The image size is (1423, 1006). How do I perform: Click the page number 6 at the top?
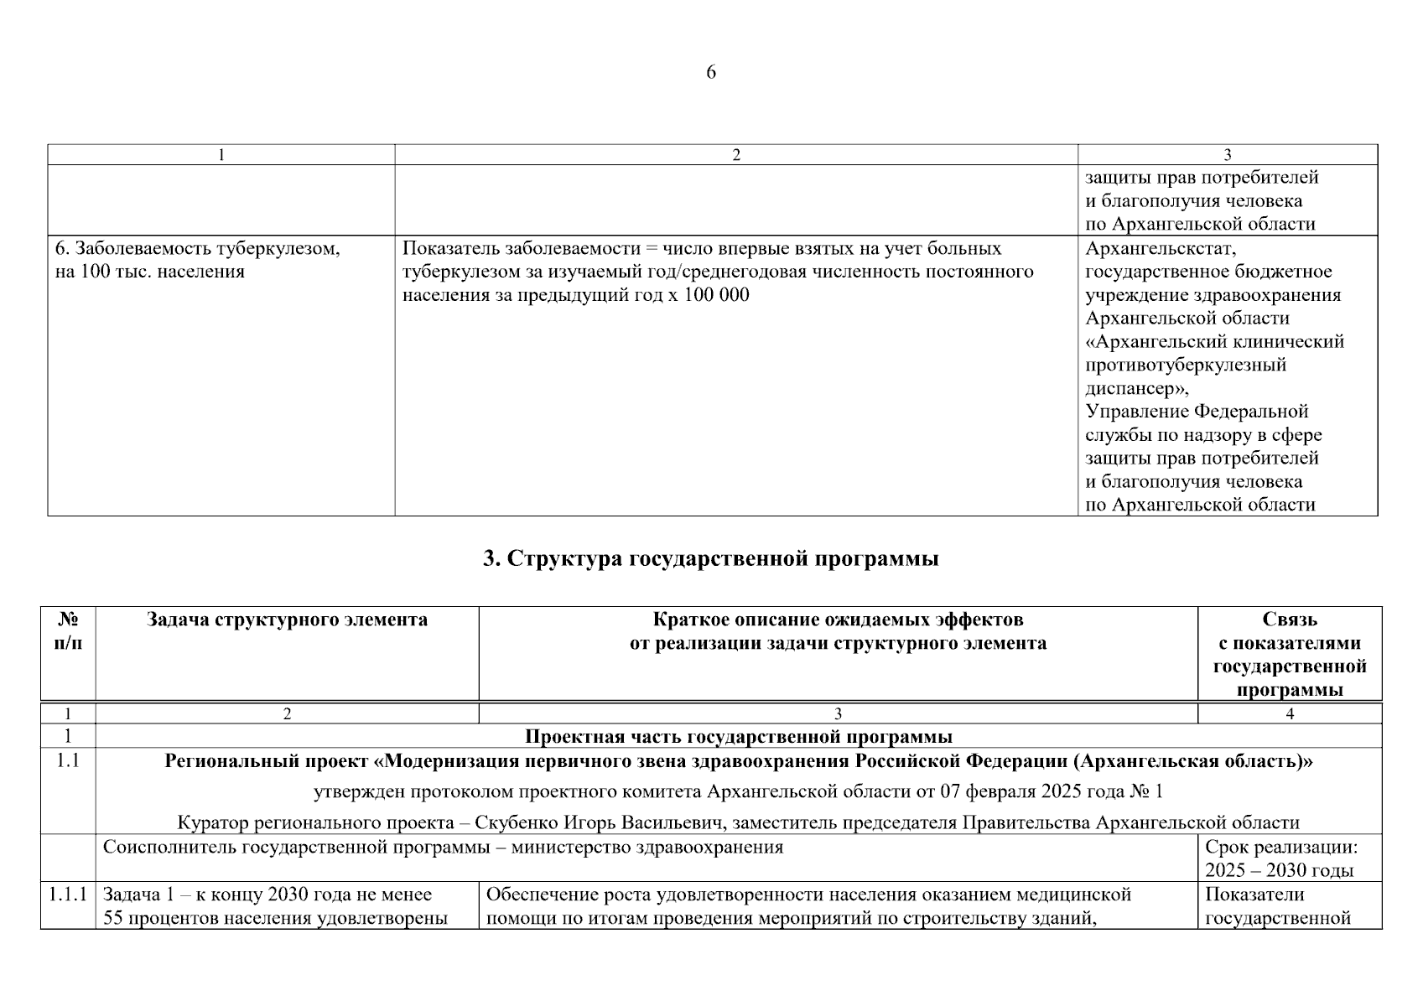[711, 73]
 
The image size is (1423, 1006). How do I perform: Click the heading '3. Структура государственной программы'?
[711, 559]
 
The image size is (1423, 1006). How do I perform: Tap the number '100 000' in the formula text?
[717, 296]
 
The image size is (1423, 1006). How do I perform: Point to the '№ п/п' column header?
[68, 631]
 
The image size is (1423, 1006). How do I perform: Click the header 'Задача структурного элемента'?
[287, 620]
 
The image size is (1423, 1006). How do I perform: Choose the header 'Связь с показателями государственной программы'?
[1289, 655]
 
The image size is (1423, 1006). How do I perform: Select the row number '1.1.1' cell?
[67, 895]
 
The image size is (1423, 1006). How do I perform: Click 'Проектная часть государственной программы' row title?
[738, 737]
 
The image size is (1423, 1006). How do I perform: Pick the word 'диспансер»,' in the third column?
[1136, 389]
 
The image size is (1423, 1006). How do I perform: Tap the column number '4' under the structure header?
[1290, 714]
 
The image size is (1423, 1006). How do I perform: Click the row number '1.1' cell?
[67, 761]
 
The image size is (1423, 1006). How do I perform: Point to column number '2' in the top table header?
[735, 155]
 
